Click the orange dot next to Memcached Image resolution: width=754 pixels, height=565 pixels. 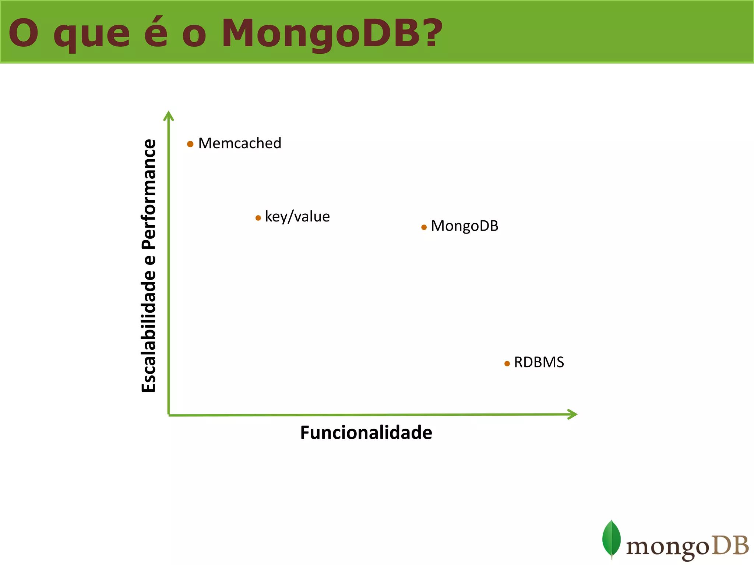click(190, 144)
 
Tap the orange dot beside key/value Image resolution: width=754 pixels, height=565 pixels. click(258, 218)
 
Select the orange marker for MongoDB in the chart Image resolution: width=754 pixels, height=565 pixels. click(424, 227)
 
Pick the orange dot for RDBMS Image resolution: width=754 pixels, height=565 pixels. click(507, 364)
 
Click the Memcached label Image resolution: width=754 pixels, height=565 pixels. click(240, 143)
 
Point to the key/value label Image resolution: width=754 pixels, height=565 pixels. click(297, 217)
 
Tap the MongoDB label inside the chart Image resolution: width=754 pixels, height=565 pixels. click(464, 226)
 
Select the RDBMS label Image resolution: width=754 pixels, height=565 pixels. click(539, 362)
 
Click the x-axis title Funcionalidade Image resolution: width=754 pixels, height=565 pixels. click(366, 433)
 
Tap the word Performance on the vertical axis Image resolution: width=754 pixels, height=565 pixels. click(149, 194)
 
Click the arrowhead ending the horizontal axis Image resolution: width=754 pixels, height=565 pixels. click(572, 414)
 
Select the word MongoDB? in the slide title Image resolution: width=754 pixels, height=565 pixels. click(332, 34)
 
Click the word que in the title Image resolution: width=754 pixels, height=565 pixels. click(92, 35)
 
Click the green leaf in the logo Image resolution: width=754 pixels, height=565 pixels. click(611, 539)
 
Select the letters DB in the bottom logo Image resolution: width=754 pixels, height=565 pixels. click(730, 546)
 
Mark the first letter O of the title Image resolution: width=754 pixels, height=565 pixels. click(24, 33)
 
